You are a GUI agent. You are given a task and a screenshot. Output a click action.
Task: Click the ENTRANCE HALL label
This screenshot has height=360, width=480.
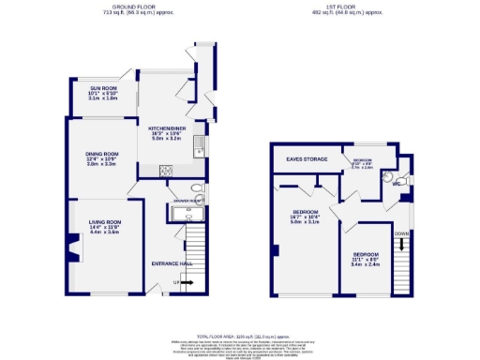coord(172,262)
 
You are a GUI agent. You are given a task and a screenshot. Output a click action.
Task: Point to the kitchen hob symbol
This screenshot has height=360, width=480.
coord(167,171)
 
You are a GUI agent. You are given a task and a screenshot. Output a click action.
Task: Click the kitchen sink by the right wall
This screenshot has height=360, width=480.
coord(199,145)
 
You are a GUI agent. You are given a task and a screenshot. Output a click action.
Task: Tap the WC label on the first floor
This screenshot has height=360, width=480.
coord(397,186)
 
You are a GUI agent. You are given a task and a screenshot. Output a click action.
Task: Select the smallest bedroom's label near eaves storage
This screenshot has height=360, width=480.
coord(363,162)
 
